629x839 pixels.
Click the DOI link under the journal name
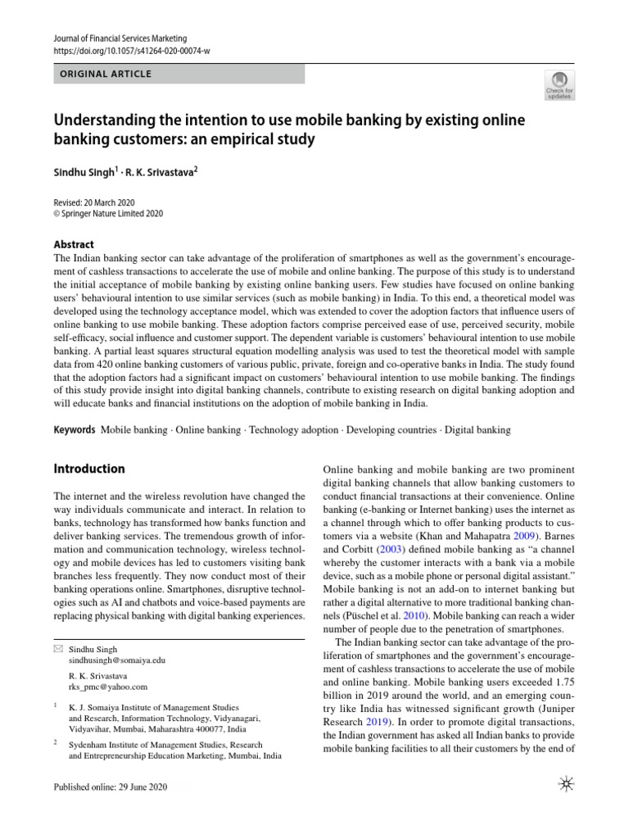(x=131, y=51)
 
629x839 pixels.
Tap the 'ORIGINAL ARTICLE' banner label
(x=105, y=74)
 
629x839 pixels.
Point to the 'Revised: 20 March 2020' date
(x=94, y=202)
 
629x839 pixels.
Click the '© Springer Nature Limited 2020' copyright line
(x=109, y=214)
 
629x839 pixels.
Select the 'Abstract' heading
(x=74, y=244)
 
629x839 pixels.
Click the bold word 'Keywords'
(x=74, y=429)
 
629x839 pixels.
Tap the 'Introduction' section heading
(x=89, y=469)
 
